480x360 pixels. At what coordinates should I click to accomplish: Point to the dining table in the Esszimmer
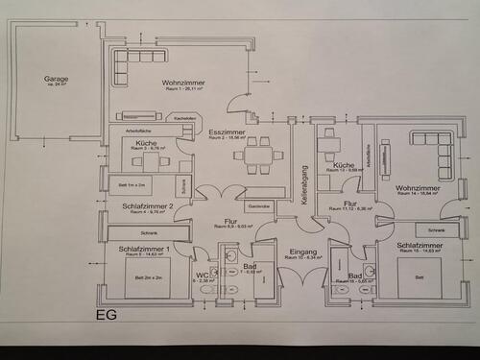click(258, 154)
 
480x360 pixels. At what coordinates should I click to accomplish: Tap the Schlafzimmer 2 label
click(147, 205)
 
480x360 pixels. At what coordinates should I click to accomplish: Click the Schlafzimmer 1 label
click(144, 250)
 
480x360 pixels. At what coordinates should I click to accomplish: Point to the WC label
click(202, 276)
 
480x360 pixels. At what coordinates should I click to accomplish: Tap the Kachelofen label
click(185, 118)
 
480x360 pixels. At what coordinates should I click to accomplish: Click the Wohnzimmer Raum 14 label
click(417, 189)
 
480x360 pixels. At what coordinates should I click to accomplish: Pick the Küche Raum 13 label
click(343, 166)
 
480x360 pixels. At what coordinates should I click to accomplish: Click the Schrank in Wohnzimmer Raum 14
click(437, 230)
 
